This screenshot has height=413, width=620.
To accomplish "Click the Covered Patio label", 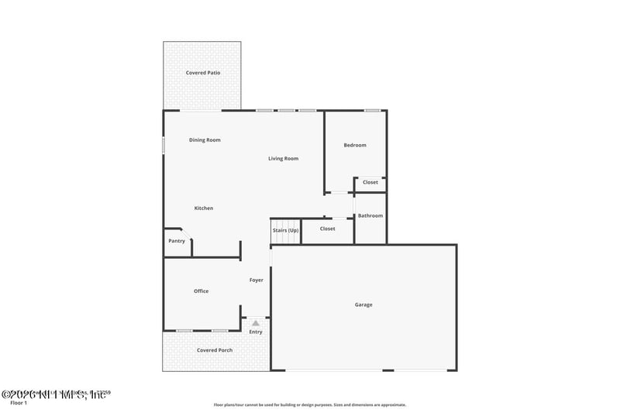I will tap(203, 73).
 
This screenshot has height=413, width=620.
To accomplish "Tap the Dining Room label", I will tap(205, 140).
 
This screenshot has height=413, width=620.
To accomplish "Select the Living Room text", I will tap(284, 159).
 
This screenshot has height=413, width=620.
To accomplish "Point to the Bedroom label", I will tap(355, 145).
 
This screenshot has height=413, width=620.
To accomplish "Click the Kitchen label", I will tap(204, 208).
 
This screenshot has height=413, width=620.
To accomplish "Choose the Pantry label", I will tap(177, 241).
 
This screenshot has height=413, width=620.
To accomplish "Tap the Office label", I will tap(201, 291).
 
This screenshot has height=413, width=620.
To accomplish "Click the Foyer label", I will tap(257, 280).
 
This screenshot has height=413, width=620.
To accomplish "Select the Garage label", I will tap(363, 305).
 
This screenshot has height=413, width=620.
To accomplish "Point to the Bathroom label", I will tap(370, 216).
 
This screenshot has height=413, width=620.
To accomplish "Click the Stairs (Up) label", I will tap(285, 230).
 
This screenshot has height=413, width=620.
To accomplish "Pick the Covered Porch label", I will tap(215, 350).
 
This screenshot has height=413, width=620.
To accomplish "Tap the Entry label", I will tap(256, 332).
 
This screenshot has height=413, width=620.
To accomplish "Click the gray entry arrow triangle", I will tap(256, 322).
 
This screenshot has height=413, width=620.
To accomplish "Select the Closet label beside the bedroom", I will tap(370, 182).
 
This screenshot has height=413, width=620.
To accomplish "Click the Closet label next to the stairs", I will tap(328, 229).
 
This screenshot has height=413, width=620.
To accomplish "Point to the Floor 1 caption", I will tap(18, 403).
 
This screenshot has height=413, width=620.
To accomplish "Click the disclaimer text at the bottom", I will tap(310, 404).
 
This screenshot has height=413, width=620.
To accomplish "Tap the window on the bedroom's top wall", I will tap(373, 110).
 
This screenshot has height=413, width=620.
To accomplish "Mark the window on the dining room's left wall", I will tap(164, 145).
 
